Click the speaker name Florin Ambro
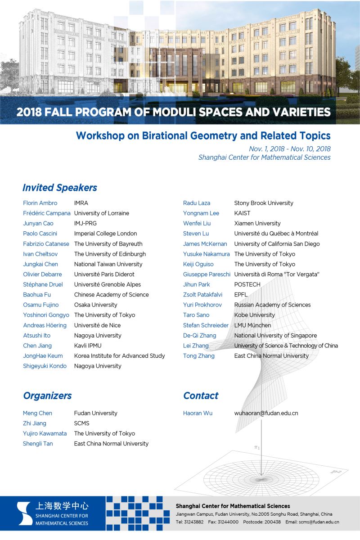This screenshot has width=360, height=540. (40, 203)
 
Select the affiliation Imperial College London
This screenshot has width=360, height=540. (105, 234)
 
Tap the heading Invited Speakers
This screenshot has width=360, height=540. (60, 187)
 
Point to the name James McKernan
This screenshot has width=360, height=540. (205, 244)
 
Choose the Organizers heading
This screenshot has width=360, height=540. (47, 396)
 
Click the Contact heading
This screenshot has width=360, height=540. (201, 396)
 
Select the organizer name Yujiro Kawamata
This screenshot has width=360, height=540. (45, 433)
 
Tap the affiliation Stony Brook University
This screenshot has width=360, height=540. (264, 203)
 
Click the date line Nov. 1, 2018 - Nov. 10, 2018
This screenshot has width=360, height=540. (290, 148)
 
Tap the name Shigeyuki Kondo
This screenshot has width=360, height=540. (45, 366)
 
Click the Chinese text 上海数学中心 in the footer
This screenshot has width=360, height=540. (62, 506)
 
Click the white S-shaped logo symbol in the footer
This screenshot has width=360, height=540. (24, 513)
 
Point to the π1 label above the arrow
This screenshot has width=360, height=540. (257, 447)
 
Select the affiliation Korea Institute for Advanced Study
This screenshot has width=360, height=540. (119, 355)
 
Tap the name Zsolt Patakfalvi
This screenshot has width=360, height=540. (202, 295)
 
